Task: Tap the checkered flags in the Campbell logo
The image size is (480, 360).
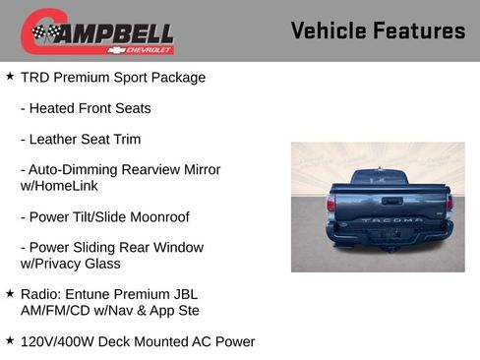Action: click(x=44, y=32)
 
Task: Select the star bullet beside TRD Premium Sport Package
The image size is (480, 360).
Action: click(x=10, y=76)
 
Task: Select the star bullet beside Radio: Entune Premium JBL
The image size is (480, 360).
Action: click(x=10, y=293)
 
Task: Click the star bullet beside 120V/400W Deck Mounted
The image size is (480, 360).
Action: click(x=10, y=340)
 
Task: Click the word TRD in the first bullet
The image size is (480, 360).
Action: click(x=35, y=77)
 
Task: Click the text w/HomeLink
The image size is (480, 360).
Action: click(x=59, y=185)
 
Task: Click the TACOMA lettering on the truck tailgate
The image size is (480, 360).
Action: click(x=390, y=219)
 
